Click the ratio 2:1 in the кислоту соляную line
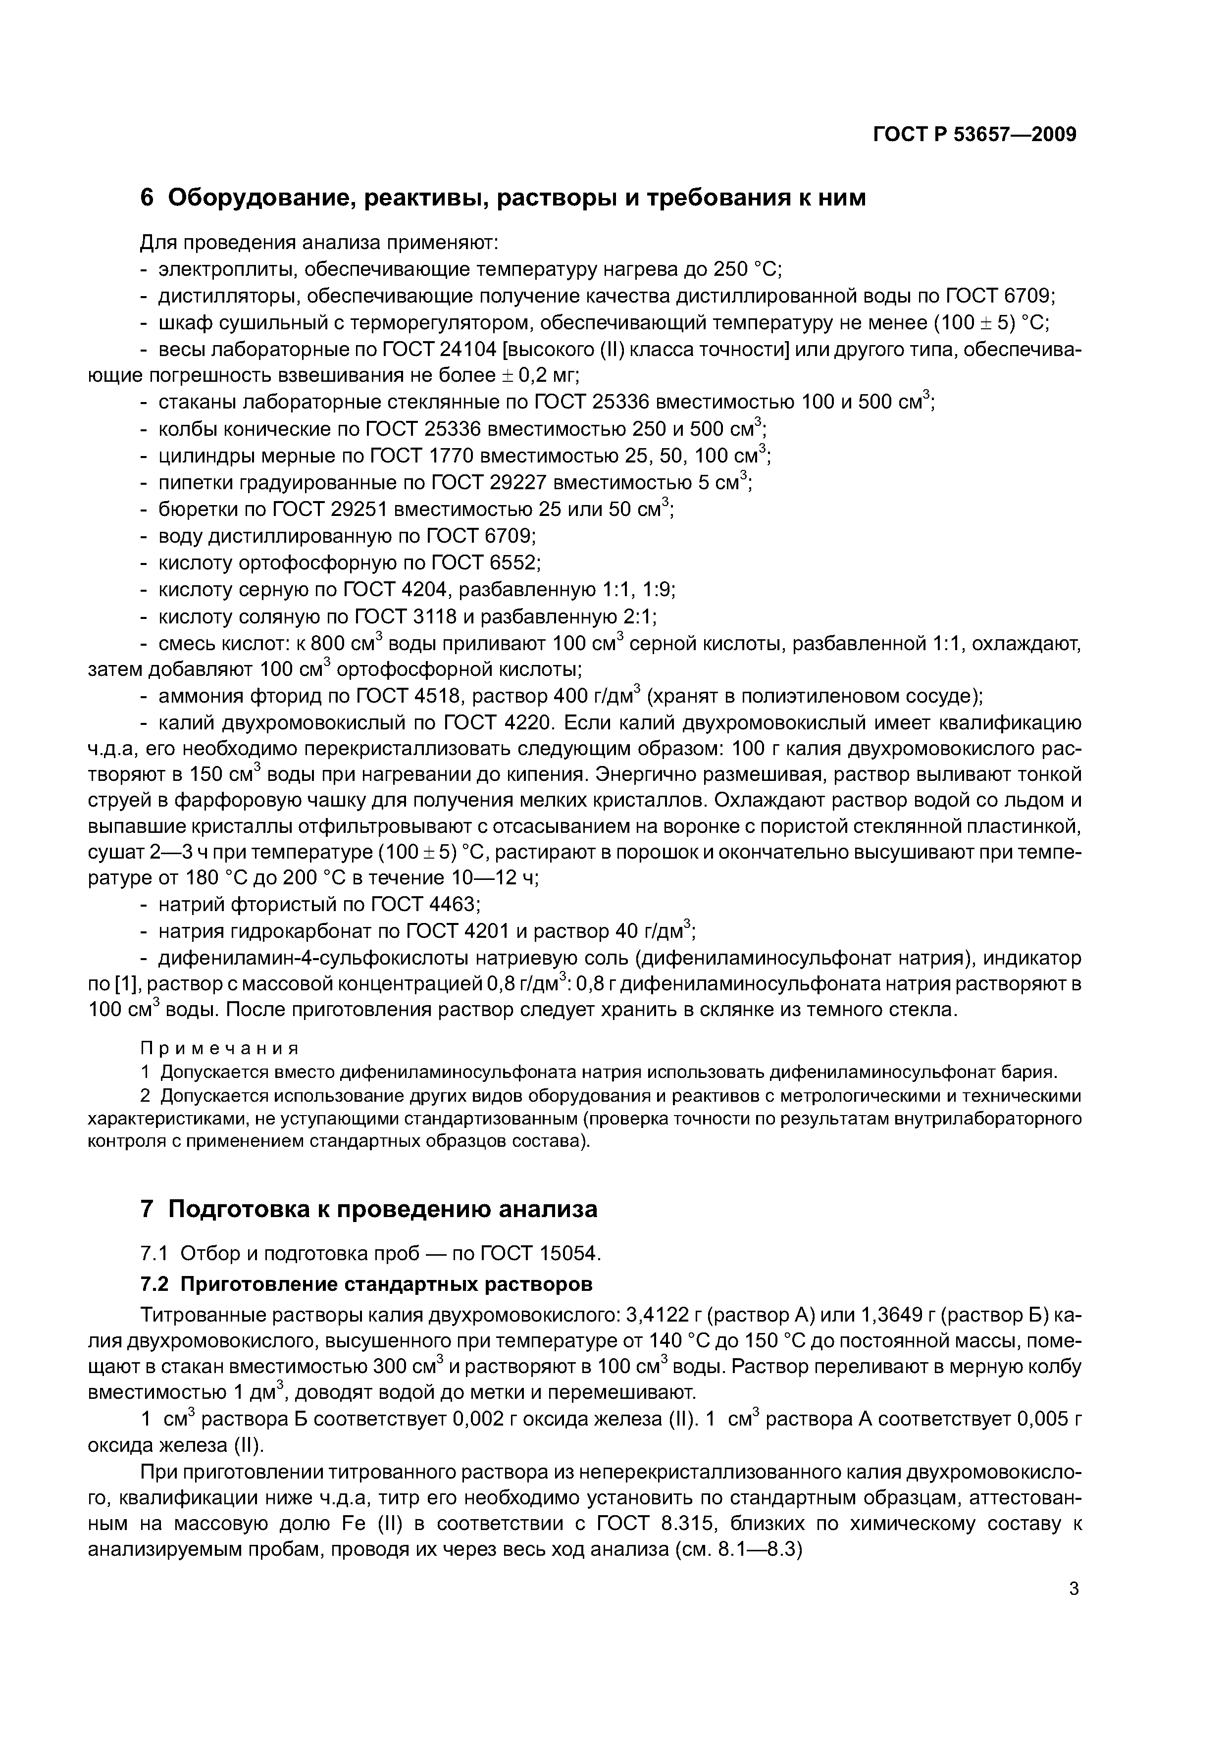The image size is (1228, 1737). pos(639,616)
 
